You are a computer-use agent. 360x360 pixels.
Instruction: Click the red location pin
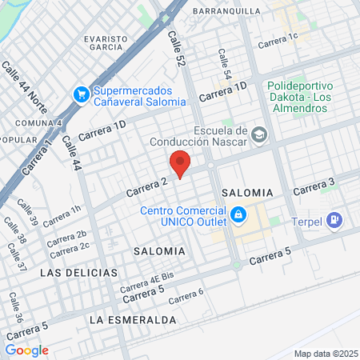[180, 162]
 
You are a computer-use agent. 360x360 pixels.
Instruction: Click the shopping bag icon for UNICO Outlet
[238, 215]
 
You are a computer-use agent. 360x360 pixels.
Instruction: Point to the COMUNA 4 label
[38, 123]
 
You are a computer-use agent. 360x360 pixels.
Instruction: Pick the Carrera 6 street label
[186, 296]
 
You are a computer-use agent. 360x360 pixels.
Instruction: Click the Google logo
[26, 350]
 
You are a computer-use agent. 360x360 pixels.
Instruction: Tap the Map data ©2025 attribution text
[325, 354]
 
